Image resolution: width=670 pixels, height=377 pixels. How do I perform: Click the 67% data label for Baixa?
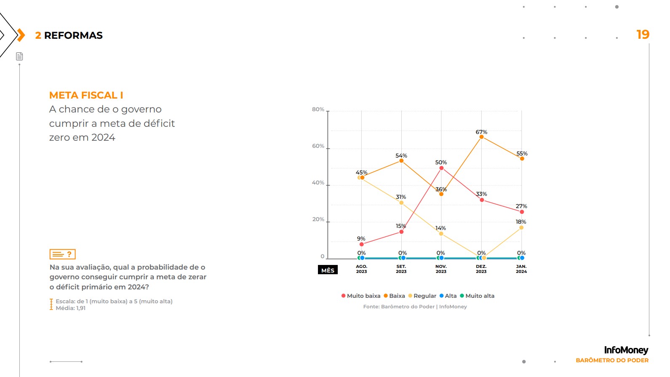481,132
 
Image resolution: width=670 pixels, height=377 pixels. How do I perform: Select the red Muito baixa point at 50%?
441,168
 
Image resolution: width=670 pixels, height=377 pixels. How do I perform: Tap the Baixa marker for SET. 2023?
401,161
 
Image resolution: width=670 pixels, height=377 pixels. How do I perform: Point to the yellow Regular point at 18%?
521,227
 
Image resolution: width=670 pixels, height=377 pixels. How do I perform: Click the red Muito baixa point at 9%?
361,244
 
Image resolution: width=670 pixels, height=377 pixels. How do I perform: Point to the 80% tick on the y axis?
318,110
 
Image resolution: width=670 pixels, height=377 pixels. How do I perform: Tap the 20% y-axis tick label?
318,219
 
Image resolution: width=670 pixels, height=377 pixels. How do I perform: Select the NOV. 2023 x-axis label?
441,269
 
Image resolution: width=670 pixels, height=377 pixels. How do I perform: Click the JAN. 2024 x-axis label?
521,269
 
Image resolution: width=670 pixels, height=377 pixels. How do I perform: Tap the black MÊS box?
328,270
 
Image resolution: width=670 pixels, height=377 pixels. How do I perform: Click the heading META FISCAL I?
86,95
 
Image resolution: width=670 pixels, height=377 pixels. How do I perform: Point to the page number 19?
643,35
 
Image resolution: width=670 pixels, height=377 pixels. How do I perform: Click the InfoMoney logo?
626,350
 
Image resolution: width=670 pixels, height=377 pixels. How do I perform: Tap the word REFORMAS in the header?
73,35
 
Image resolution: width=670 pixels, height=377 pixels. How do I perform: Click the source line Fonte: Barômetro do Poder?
415,307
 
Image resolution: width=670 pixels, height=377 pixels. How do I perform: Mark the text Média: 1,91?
71,308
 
